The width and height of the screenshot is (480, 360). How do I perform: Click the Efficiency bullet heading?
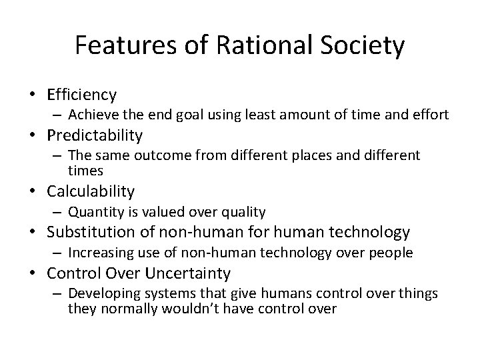tap(81, 95)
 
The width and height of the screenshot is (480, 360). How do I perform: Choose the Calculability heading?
tap(91, 192)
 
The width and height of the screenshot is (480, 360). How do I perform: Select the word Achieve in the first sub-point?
tap(90, 115)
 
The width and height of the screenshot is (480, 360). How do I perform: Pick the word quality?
tap(246, 212)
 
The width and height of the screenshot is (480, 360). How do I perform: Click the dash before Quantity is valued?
tap(59, 212)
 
